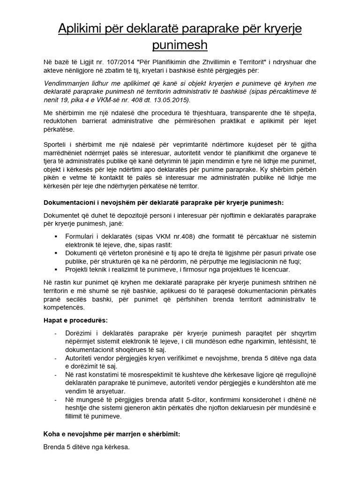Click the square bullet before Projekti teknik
pyautogui.click(x=57, y=270)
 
